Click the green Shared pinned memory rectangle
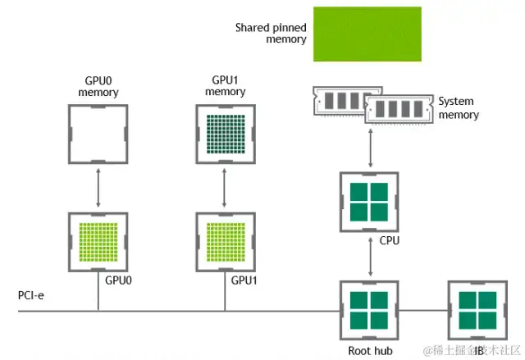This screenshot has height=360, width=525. point(367,34)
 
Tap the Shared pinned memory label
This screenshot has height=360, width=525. point(271,34)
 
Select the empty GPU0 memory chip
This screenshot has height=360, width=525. point(98,133)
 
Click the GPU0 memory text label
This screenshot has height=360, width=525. point(98,87)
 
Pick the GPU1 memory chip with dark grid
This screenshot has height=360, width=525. point(224,133)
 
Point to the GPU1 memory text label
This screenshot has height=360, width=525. point(224,87)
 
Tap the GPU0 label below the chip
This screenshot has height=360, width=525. point(120,280)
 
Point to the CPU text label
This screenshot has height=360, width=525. point(390,241)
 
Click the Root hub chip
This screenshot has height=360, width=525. point(369,310)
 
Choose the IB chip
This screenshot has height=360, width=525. point(476,310)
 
